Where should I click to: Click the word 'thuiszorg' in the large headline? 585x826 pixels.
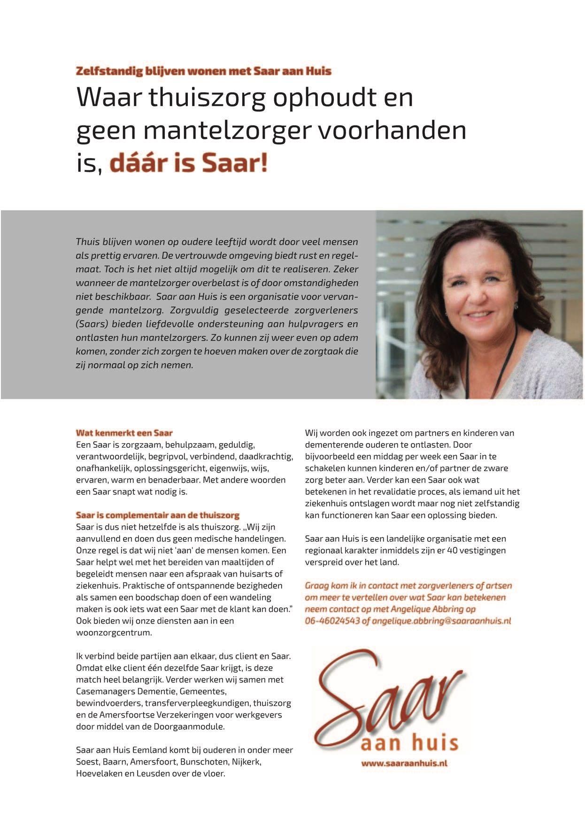[207, 98]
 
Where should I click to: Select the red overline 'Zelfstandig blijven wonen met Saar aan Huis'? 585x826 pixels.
[203, 71]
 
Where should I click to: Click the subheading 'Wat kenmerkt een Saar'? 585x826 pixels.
[124, 433]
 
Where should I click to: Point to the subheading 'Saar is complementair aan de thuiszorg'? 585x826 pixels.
[158, 515]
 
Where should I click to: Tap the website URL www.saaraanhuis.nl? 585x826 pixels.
[404, 763]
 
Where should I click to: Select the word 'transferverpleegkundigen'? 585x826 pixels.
[198, 703]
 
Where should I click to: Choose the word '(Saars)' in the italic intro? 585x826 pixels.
[91, 324]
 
